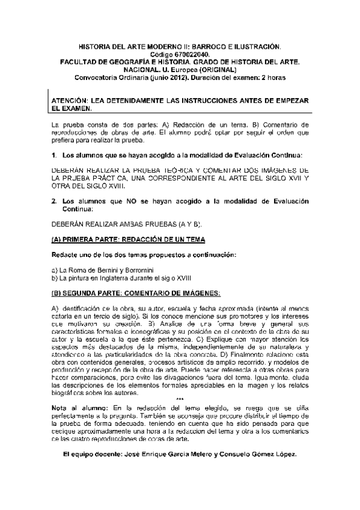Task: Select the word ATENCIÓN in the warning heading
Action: click(x=71, y=102)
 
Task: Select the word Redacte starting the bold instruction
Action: click(x=64, y=254)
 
